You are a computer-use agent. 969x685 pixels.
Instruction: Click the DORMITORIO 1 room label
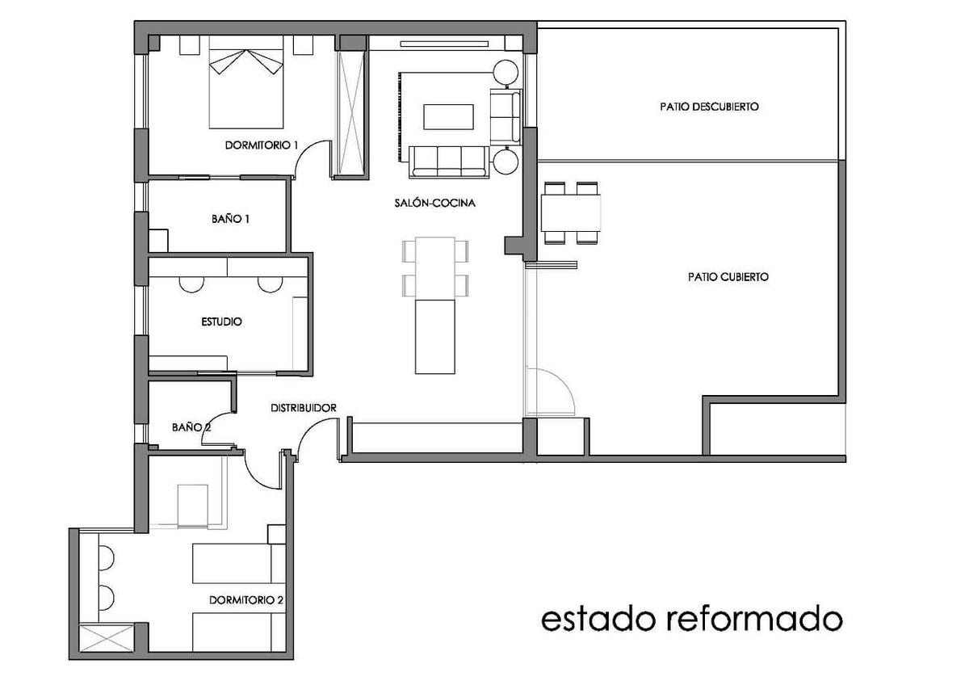click(x=262, y=145)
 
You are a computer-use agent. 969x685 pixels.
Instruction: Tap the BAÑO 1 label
click(x=229, y=218)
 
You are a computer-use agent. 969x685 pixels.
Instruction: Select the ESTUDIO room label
click(x=221, y=321)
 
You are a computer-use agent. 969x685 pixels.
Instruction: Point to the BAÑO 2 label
click(x=191, y=427)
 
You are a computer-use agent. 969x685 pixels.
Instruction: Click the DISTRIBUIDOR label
click(x=303, y=408)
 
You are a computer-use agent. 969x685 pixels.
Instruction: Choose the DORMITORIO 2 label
click(x=245, y=600)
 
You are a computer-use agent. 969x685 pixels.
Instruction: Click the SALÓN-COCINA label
click(x=441, y=203)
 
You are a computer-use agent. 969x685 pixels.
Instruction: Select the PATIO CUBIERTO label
click(x=728, y=276)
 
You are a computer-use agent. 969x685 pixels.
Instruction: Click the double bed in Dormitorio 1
click(x=247, y=87)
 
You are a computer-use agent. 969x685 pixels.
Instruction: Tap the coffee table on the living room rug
click(x=448, y=116)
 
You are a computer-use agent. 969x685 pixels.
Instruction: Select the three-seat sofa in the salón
click(x=449, y=161)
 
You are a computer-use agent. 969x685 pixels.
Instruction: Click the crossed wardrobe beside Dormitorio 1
click(x=352, y=105)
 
